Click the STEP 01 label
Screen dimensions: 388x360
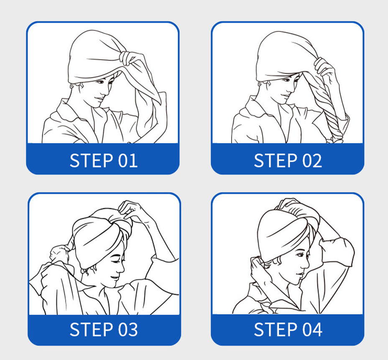tap(103, 161)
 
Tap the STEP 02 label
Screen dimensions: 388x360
tap(288, 161)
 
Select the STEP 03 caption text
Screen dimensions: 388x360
tap(103, 329)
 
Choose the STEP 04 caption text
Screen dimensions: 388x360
tap(288, 329)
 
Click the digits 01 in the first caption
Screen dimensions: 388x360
tap(128, 161)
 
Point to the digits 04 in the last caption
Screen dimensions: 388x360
tap(312, 329)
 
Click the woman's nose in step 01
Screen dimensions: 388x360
tap(106, 92)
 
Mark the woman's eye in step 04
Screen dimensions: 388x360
tap(300, 255)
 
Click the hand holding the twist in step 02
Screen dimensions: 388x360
tap(324, 68)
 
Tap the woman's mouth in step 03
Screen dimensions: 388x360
tap(114, 278)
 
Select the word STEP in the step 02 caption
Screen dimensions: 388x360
tap(276, 161)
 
